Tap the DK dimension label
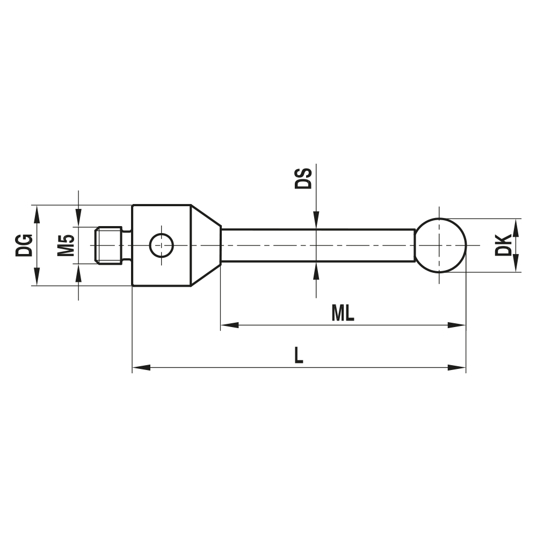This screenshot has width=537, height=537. pyautogui.click(x=503, y=245)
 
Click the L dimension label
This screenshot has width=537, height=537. pyautogui.click(x=299, y=355)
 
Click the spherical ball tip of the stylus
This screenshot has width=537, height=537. pyautogui.click(x=440, y=245)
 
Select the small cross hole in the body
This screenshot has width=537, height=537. pyautogui.click(x=161, y=246)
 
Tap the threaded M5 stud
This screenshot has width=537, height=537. pyautogui.click(x=110, y=245)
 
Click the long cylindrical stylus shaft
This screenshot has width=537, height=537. pyautogui.click(x=317, y=245)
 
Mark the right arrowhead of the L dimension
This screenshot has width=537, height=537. pyautogui.click(x=458, y=368)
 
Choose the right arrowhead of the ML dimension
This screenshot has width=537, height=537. pyautogui.click(x=458, y=325)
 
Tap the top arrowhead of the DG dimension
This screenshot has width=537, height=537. pyautogui.click(x=37, y=215)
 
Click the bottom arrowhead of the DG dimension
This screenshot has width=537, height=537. pyautogui.click(x=37, y=277)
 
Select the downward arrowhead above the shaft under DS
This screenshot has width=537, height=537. pyautogui.click(x=317, y=220)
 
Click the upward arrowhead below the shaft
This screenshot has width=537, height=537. pyautogui.click(x=317, y=271)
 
